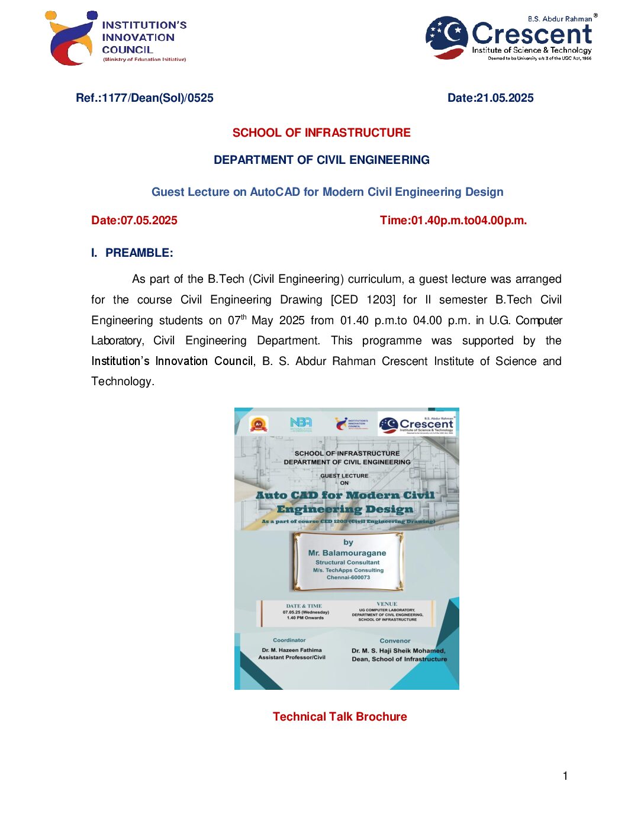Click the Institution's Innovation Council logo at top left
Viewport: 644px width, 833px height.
tap(115, 38)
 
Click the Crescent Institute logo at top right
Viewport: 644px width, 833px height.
tap(511, 37)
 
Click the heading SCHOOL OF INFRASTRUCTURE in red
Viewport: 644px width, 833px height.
tap(321, 133)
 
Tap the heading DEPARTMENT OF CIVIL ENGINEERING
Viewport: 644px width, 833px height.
tap(321, 160)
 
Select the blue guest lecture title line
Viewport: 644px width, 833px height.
tap(327, 192)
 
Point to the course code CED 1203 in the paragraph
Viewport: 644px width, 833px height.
tap(362, 300)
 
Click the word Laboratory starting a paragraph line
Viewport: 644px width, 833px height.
tap(116, 341)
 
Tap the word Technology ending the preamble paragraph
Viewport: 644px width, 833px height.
tap(122, 382)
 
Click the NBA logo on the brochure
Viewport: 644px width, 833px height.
tap(301, 423)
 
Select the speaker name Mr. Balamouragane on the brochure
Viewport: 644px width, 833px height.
tap(347, 553)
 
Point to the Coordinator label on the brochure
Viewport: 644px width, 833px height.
tap(289, 640)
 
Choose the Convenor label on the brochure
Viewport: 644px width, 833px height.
tap(395, 641)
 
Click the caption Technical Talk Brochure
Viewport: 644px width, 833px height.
tap(340, 717)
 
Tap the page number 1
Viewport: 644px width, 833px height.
tap(565, 776)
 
